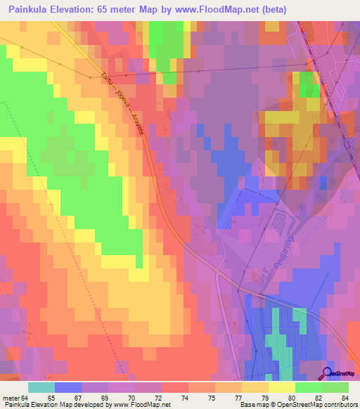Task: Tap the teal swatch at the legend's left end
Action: [41, 387]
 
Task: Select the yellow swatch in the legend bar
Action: [255, 387]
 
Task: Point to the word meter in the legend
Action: [10, 398]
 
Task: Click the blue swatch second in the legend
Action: [68, 387]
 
